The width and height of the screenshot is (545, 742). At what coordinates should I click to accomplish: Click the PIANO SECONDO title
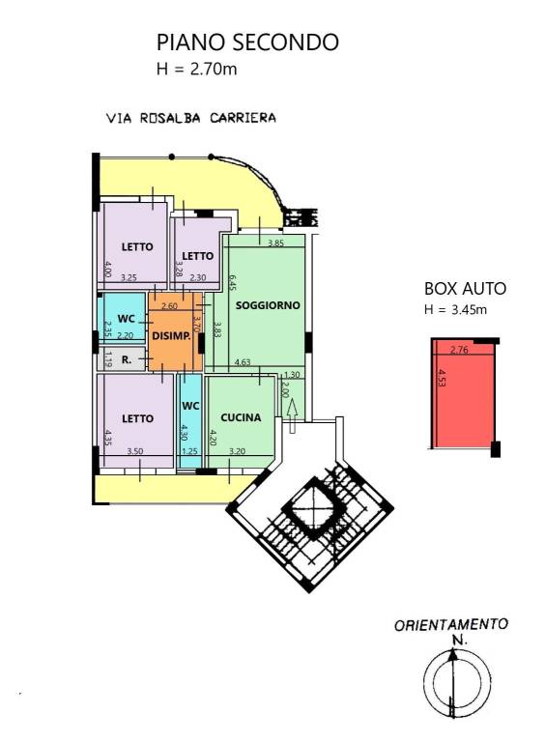(x=247, y=43)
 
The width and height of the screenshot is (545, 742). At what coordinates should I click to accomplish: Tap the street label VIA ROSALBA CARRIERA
(x=191, y=118)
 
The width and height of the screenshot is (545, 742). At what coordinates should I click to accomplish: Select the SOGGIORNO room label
(x=269, y=304)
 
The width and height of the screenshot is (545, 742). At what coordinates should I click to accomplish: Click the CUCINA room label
(x=240, y=418)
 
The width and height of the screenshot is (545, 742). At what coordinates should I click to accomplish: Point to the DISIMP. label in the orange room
(x=170, y=335)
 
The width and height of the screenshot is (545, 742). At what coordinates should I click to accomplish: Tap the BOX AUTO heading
(x=465, y=289)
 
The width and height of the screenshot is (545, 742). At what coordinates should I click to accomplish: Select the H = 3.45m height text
(x=456, y=309)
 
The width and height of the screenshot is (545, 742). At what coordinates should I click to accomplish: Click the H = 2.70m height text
(x=197, y=69)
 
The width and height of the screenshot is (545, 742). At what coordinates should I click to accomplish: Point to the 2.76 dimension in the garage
(x=459, y=351)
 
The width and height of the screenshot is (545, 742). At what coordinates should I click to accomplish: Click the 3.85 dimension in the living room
(x=275, y=243)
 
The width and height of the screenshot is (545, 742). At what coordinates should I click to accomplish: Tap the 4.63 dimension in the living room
(x=244, y=362)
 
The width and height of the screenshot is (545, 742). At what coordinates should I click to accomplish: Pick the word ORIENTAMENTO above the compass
(x=450, y=625)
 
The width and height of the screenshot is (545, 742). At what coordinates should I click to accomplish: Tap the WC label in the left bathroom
(x=126, y=318)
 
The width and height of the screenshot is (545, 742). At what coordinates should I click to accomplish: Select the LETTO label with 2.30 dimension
(x=197, y=256)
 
